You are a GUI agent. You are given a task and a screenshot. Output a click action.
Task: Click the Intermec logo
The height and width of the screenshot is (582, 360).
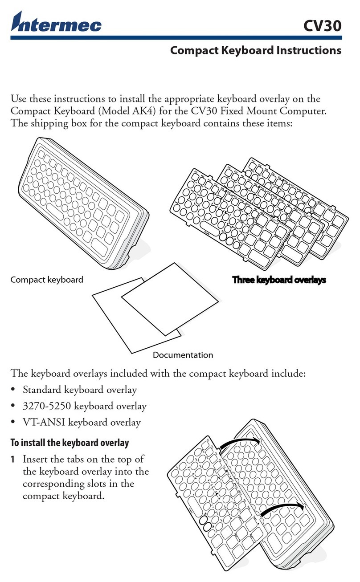point(57,22)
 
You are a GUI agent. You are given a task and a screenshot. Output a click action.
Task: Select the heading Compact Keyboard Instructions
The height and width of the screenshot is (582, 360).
point(256,50)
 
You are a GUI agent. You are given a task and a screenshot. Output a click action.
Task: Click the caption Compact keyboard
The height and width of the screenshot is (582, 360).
point(46,280)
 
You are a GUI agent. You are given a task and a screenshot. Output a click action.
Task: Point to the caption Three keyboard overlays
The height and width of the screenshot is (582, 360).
point(279,280)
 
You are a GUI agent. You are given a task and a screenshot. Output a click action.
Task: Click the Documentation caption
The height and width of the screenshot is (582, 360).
point(183,355)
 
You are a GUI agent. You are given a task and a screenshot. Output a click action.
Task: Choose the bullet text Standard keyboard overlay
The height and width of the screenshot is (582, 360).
point(80,390)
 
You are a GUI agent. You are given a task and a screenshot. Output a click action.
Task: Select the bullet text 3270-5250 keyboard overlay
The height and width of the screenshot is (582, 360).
point(84,406)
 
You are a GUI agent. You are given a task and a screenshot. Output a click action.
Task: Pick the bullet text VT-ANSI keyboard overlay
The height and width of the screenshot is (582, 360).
point(82,422)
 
